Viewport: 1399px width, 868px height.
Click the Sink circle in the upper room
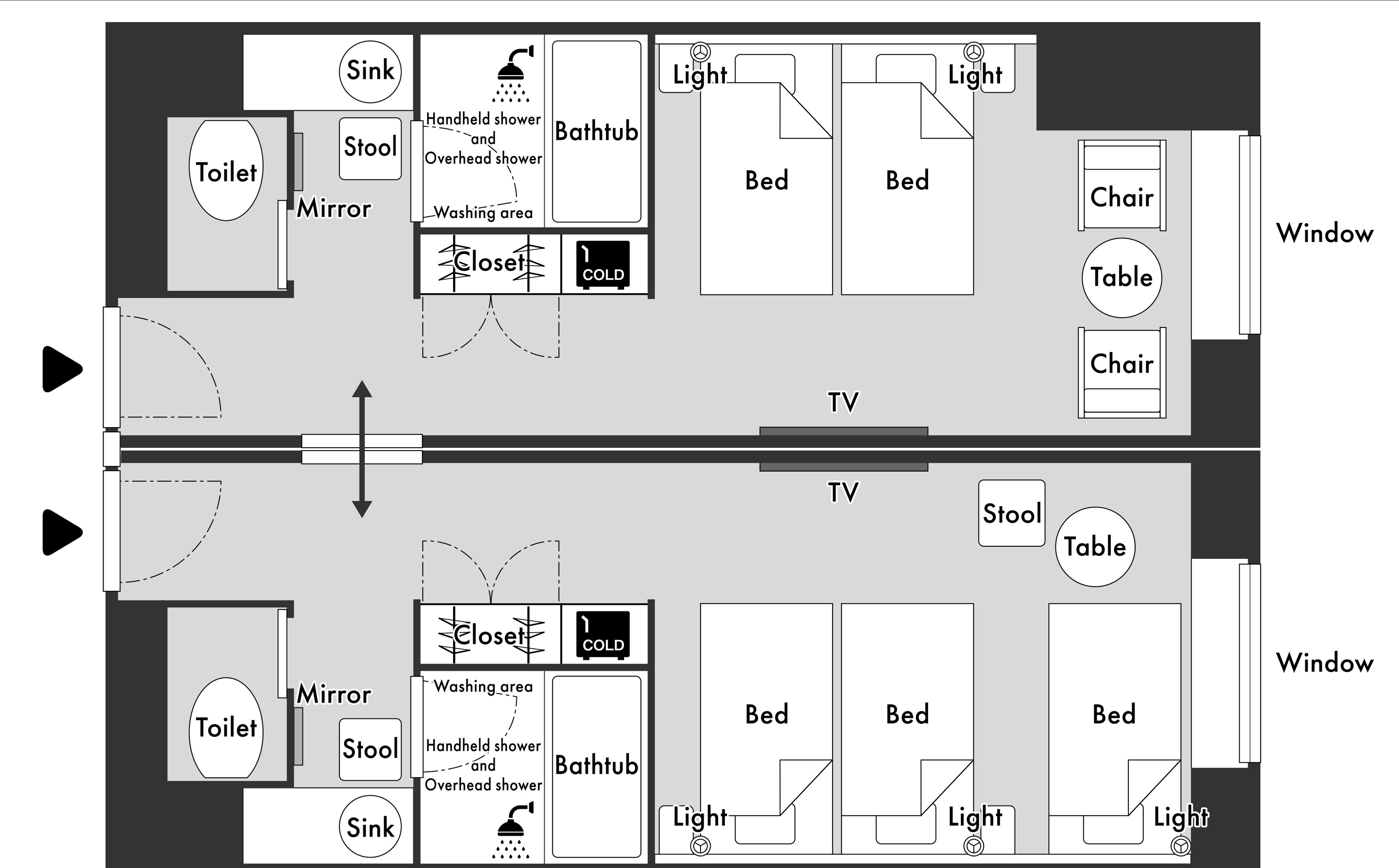tap(370, 71)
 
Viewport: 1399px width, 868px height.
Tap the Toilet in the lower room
tap(226, 727)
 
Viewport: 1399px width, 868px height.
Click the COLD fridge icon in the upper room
tap(603, 265)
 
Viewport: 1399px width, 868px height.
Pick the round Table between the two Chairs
tap(1121, 278)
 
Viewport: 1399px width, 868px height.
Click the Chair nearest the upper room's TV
tap(1121, 372)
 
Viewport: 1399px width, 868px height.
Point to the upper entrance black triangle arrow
tap(61, 369)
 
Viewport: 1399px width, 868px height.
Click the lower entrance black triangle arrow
tap(61, 532)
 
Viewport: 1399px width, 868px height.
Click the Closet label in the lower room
tap(489, 635)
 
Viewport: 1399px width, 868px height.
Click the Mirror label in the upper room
tap(334, 208)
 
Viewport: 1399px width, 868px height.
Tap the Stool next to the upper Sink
tap(370, 148)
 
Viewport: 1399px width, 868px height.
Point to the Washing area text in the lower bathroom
tap(483, 686)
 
